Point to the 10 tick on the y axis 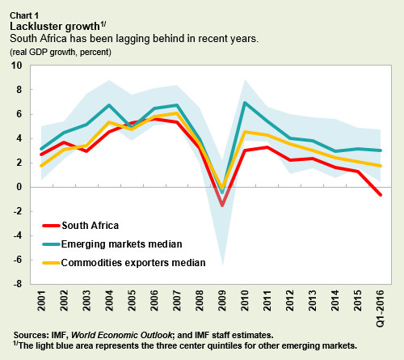click(x=18, y=66)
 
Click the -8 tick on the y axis click(x=18, y=284)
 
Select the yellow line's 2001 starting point click(x=41, y=165)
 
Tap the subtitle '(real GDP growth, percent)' click(x=61, y=52)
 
